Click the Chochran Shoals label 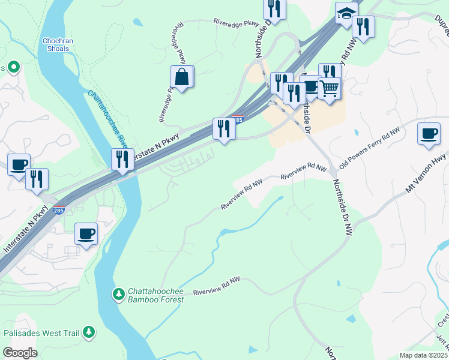pos(58,45)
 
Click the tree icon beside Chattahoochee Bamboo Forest pos(118,293)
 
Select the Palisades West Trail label pos(41,332)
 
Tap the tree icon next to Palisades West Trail pos(89,331)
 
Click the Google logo pos(19,353)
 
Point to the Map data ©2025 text pos(423,355)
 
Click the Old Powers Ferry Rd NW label pos(369,147)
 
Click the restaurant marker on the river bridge pos(121,160)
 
